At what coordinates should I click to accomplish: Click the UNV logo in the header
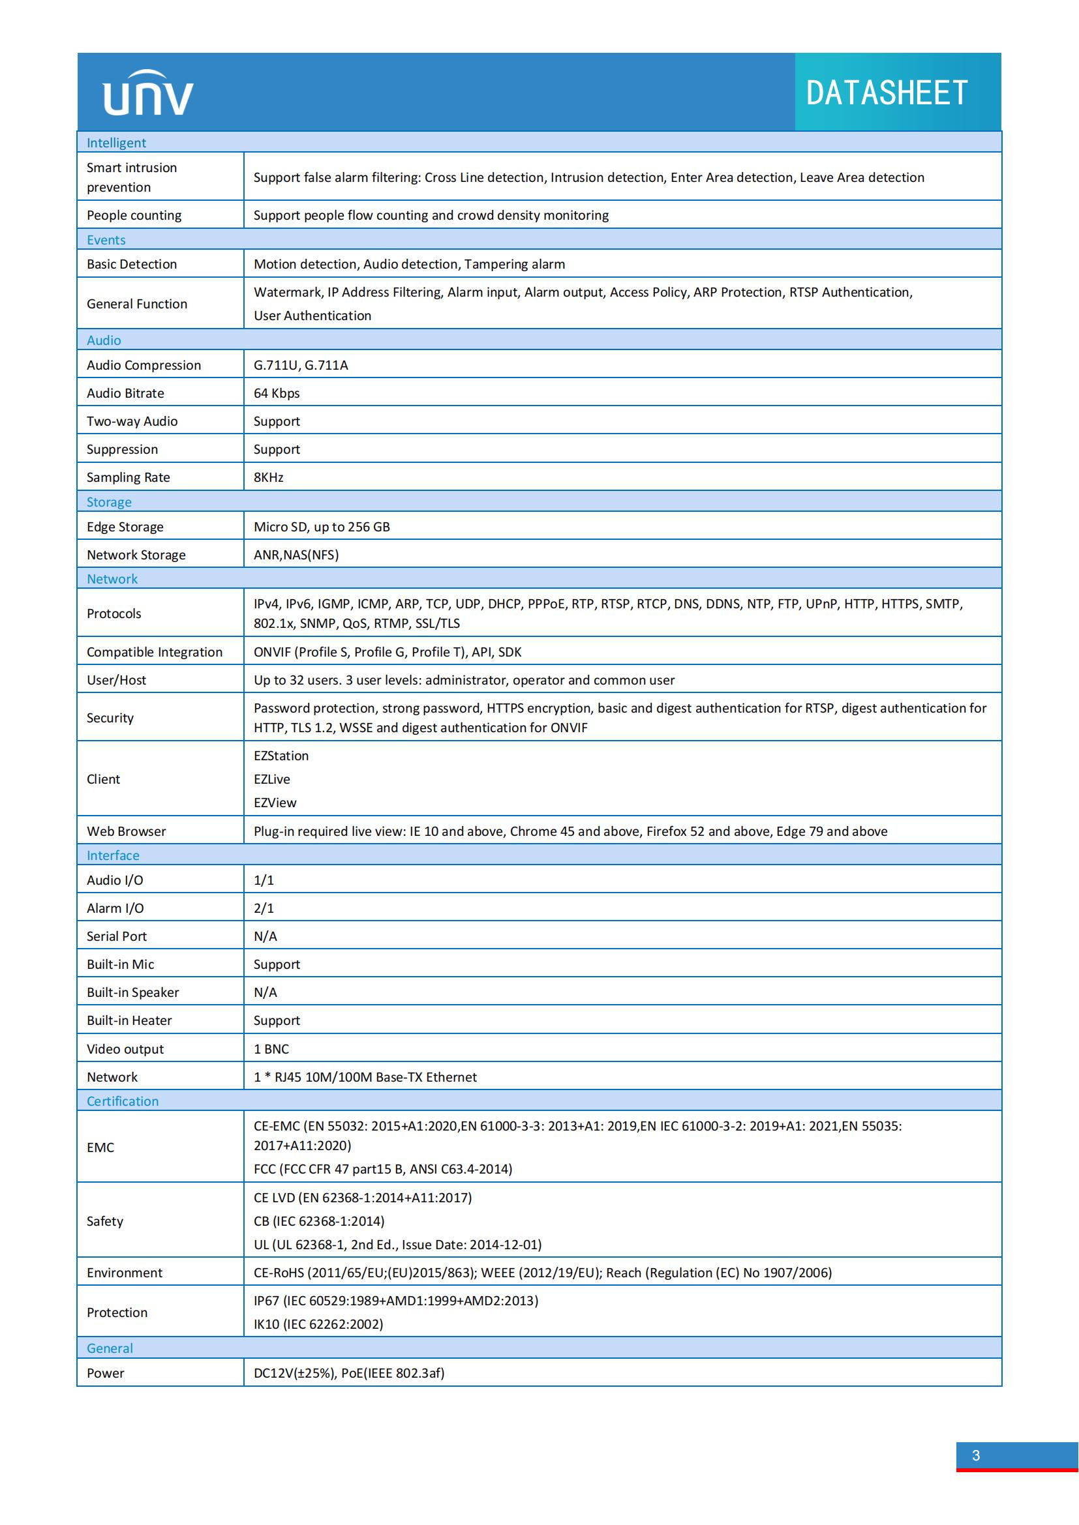tap(148, 94)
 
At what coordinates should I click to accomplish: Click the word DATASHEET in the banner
tap(887, 93)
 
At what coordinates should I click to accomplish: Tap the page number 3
tap(975, 1455)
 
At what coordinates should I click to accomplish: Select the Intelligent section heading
tap(116, 143)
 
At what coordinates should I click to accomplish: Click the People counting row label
tap(134, 215)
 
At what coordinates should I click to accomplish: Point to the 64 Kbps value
tap(277, 393)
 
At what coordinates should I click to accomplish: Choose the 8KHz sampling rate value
tap(268, 477)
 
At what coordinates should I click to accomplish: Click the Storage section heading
tap(109, 502)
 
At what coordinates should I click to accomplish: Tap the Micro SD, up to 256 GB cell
tap(322, 527)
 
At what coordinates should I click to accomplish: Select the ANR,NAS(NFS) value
tap(296, 555)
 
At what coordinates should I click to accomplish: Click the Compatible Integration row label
tap(155, 652)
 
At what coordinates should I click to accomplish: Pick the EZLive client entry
tap(272, 779)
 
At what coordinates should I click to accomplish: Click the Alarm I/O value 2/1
tap(264, 908)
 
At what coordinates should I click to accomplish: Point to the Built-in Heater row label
tap(130, 1020)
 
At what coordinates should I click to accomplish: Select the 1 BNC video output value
tap(271, 1049)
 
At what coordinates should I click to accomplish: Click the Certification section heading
tap(123, 1101)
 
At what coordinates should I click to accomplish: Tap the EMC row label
tap(100, 1147)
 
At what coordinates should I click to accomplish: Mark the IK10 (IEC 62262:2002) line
tap(318, 1324)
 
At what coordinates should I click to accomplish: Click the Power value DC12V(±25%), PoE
tap(349, 1373)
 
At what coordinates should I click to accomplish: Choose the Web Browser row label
tap(127, 831)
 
